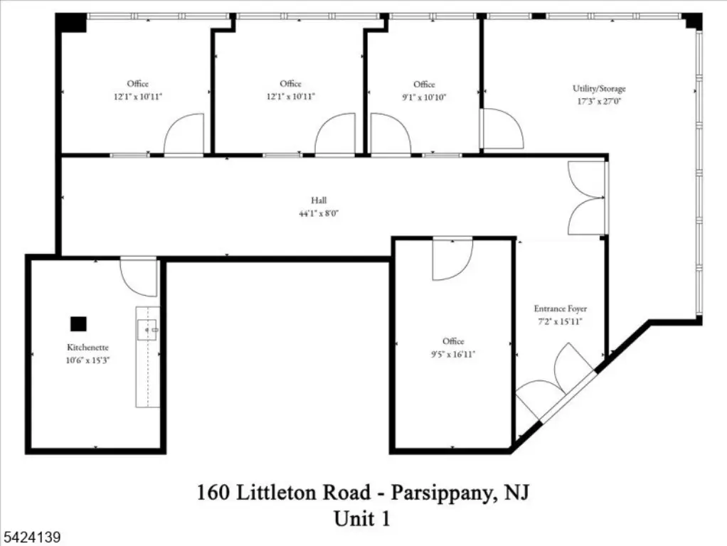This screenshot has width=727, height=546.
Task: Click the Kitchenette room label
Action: click(87, 347)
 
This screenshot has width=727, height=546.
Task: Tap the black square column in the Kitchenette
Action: click(78, 324)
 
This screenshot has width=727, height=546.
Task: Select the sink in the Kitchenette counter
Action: click(147, 330)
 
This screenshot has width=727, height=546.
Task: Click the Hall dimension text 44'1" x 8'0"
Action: click(319, 214)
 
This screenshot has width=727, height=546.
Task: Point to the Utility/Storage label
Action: click(599, 89)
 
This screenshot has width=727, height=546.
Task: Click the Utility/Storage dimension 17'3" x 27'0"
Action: click(599, 101)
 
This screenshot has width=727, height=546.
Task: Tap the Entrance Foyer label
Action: click(560, 309)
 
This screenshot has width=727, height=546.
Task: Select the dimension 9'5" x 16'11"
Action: click(453, 355)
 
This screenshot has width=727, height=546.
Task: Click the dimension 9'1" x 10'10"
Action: click(424, 97)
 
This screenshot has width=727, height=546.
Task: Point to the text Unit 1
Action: click(362, 519)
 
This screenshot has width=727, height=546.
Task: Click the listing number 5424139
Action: click(31, 537)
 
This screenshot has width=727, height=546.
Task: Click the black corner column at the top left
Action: click(71, 23)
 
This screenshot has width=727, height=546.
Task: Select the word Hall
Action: click(319, 200)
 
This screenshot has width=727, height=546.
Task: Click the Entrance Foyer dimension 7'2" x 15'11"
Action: click(560, 321)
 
